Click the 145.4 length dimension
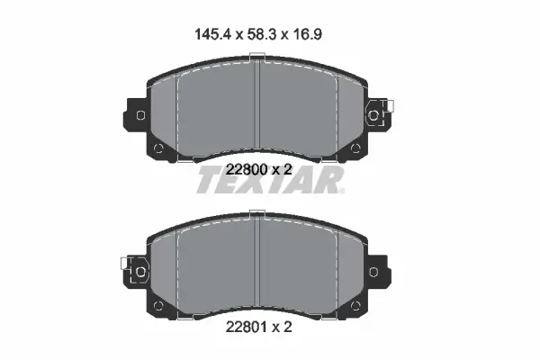coord(212,34)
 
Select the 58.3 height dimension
coord(262,34)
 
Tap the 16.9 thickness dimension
coord(308,34)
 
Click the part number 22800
coord(247,169)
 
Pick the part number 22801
coord(247,327)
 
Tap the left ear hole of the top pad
coord(141,115)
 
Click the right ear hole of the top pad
coord(373,115)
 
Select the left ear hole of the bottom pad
coord(140,272)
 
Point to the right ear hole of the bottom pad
coord(373,272)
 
